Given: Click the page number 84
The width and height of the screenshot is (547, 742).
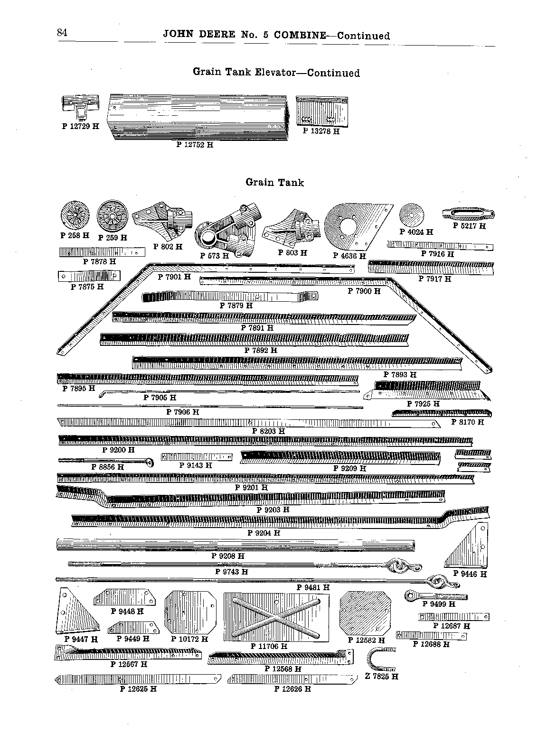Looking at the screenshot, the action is [62, 32].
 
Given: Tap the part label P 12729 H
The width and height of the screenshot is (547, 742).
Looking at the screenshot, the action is [81, 126].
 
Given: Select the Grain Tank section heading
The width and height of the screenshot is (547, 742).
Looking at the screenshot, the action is [274, 182].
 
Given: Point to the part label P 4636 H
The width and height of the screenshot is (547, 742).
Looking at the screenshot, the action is [349, 256].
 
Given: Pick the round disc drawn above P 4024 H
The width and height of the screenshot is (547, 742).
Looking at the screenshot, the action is [411, 215].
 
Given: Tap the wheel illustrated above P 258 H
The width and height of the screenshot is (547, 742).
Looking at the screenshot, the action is [75, 215].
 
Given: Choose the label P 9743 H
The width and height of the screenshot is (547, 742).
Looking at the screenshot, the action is [231, 572].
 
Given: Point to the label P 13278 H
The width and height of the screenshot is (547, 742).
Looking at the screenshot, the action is [321, 131].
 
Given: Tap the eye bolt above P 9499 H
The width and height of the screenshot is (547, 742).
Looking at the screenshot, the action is [435, 596].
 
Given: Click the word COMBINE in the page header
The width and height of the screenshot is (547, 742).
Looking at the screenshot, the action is [300, 35].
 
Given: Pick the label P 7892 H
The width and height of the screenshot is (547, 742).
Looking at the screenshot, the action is [261, 350].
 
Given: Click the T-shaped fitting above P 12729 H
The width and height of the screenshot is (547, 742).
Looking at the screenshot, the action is [81, 107].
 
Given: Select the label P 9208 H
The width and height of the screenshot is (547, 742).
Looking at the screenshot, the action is [228, 556].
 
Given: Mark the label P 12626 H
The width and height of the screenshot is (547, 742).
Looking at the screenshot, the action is [292, 689].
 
